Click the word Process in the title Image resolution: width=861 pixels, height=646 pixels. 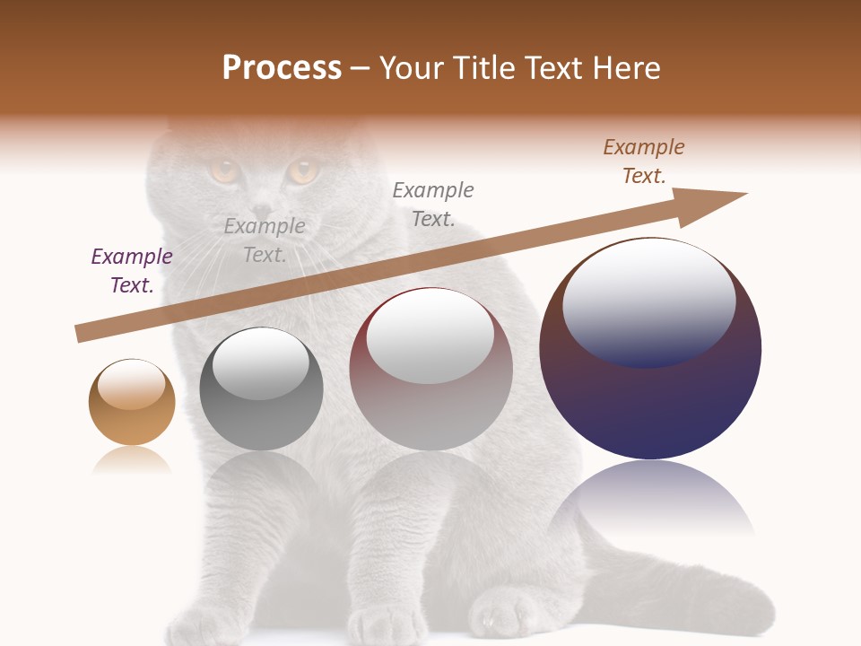point(282,68)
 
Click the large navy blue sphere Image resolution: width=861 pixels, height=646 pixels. point(650,395)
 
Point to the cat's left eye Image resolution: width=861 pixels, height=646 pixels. point(224,170)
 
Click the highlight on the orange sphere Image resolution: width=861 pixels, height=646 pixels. point(132,384)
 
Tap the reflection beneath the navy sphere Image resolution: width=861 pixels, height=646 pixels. point(650,502)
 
